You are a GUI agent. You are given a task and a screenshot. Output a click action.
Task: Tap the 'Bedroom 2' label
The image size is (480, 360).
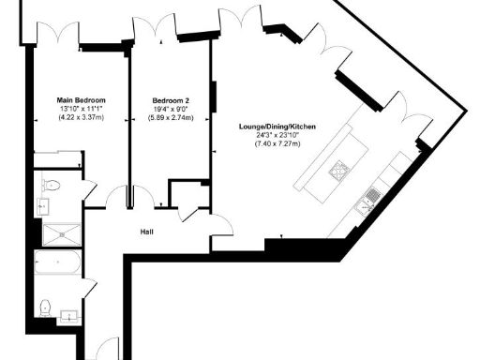click(171, 99)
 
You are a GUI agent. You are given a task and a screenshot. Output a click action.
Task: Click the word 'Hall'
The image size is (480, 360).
click(147, 232)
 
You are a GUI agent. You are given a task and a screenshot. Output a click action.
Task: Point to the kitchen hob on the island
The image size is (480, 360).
click(337, 169)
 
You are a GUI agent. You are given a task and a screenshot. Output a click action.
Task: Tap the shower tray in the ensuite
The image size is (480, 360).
click(61, 232)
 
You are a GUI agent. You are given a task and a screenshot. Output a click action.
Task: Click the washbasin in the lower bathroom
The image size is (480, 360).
click(67, 314)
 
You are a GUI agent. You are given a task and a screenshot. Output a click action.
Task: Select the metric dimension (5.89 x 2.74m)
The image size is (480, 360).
click(171, 118)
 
